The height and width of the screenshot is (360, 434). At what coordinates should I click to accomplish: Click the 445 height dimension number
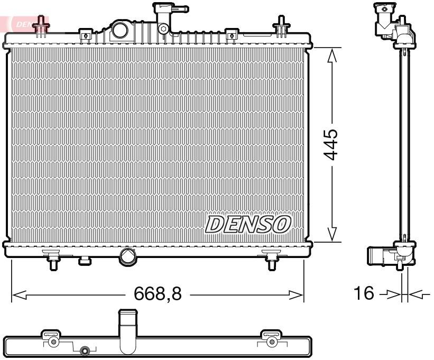[331, 144]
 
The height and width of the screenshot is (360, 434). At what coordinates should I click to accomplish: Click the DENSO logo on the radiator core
[248, 224]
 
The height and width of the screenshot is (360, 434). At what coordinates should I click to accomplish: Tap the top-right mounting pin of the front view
[281, 26]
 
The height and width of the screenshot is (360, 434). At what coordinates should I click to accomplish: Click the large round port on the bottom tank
[128, 256]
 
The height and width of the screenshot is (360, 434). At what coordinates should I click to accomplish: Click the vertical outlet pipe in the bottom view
[127, 330]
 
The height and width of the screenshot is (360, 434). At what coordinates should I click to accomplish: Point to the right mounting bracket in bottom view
[271, 339]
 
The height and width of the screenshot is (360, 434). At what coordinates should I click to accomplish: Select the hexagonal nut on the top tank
[165, 29]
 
